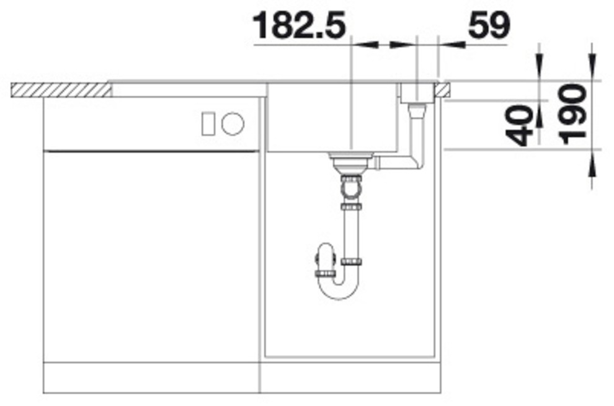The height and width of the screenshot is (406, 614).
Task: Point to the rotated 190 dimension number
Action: tap(573, 115)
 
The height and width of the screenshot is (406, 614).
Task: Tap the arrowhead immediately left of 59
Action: tap(452, 45)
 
